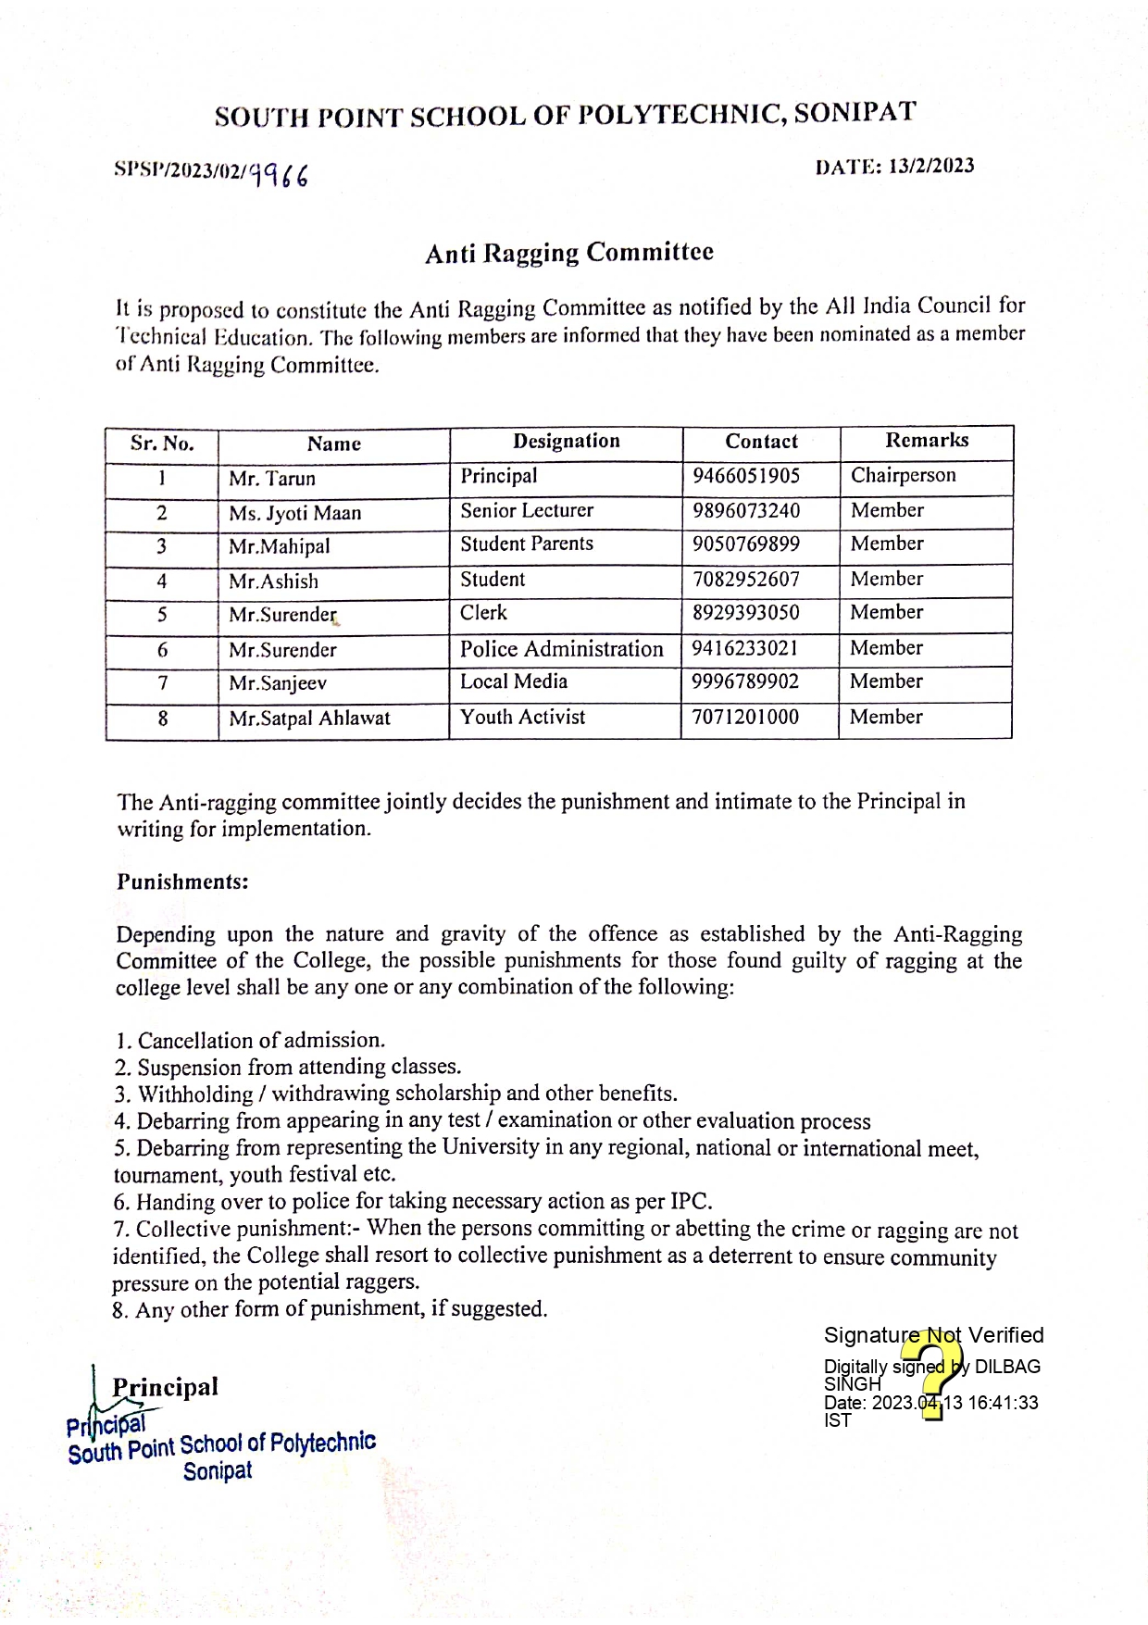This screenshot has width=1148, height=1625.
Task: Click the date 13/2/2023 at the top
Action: point(930,166)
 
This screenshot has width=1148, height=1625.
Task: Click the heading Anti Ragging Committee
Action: point(569,253)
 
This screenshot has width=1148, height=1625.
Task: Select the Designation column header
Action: point(567,442)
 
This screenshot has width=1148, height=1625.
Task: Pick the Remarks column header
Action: point(927,441)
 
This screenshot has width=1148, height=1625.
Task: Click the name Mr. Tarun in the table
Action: point(272,479)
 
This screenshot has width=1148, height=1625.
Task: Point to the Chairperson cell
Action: point(904,476)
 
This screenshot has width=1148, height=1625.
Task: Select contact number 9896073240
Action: point(746,511)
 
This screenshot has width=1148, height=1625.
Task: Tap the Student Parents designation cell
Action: point(527,544)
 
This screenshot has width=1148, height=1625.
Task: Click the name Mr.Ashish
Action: point(273,581)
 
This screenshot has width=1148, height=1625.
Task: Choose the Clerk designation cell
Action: point(484,613)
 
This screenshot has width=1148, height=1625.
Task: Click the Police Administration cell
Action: point(562,649)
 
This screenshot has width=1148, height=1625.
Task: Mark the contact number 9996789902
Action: point(746,682)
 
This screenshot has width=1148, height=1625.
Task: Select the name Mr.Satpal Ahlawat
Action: point(310,719)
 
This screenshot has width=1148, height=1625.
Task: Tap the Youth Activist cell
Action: point(523,718)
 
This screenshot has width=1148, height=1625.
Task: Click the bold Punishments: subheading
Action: point(182,881)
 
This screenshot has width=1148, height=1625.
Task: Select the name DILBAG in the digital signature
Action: point(1007,1367)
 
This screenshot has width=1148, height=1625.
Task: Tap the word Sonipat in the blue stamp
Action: point(218,1471)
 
